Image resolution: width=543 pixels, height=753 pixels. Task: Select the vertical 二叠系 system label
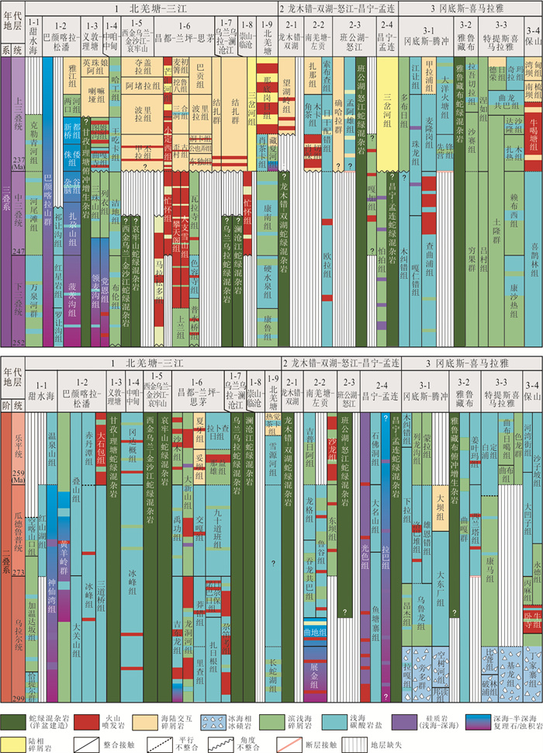tap(6, 555)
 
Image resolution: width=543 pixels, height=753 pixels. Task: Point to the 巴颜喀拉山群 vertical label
tap(50, 194)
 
